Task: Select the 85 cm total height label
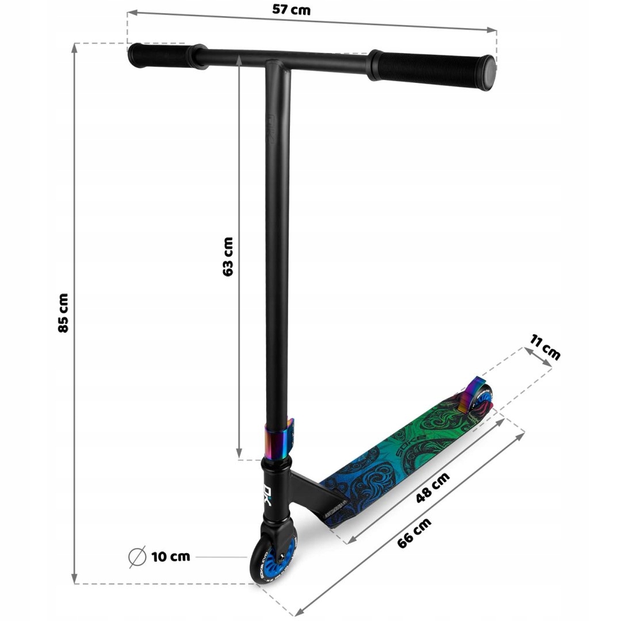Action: coord(63,312)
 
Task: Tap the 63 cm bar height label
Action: coord(228,256)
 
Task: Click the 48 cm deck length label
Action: coord(432,488)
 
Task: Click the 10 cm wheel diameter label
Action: coord(171,557)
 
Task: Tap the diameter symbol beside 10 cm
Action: coord(137,557)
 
